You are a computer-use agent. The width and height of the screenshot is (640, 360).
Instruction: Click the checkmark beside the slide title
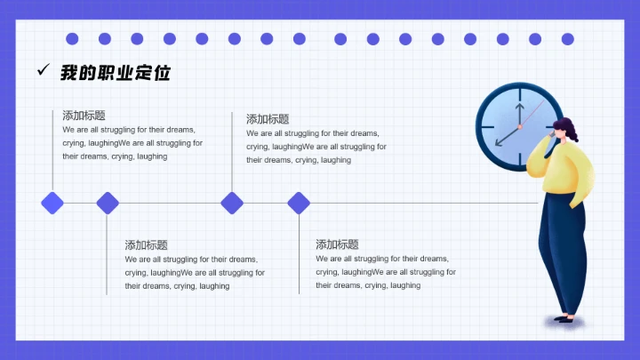click(x=42, y=71)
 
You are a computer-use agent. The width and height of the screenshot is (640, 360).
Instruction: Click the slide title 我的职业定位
click(x=115, y=73)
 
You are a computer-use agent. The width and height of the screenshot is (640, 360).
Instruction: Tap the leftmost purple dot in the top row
click(x=72, y=39)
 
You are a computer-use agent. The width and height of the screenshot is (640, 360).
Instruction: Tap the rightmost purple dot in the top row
click(x=567, y=39)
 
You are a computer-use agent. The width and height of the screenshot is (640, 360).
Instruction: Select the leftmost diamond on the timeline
click(x=52, y=203)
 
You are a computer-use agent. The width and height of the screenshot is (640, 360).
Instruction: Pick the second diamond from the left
click(x=108, y=203)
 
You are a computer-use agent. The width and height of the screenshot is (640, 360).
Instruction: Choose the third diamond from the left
click(x=232, y=203)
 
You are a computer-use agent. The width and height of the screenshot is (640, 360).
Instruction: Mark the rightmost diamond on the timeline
click(x=299, y=203)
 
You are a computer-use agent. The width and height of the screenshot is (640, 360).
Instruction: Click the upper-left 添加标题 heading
click(x=84, y=116)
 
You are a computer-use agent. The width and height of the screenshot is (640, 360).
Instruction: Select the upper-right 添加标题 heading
click(x=268, y=119)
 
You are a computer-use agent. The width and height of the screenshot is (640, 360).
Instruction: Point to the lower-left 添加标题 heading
click(x=146, y=245)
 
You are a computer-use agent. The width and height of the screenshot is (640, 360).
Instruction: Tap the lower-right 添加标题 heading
click(x=337, y=244)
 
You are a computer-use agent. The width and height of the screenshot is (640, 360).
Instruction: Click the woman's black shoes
click(x=564, y=318)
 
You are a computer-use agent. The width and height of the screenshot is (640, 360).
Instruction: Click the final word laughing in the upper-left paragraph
click(x=152, y=156)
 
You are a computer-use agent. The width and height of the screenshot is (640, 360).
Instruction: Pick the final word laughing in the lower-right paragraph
click(x=405, y=285)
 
